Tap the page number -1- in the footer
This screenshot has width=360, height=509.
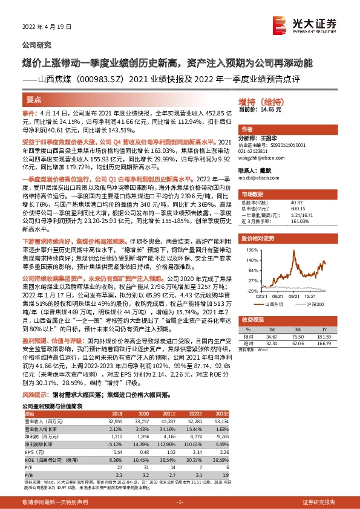coord(180,503)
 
